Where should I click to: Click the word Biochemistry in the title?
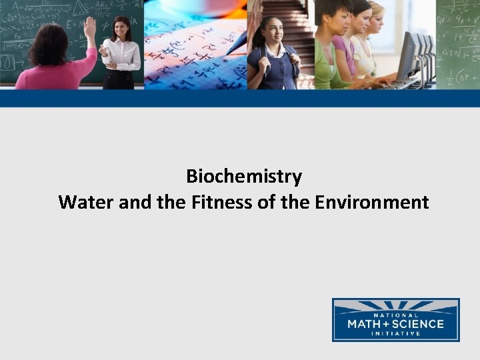click(x=244, y=177)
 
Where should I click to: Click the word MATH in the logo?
click(x=367, y=324)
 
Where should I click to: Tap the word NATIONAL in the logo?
click(x=395, y=315)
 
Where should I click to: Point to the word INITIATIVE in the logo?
click(x=395, y=333)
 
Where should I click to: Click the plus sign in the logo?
click(x=391, y=324)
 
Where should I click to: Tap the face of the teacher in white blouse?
click(x=122, y=28)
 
